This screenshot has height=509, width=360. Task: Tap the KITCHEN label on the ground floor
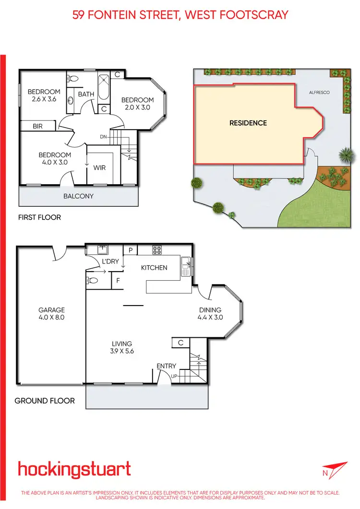coord(154,267)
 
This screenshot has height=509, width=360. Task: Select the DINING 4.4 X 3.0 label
coord(210,314)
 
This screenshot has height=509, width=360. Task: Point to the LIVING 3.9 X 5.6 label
coord(122,347)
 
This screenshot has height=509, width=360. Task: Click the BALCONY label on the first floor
coord(79,196)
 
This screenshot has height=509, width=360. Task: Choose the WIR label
coord(99,168)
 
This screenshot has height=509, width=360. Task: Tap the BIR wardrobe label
coord(38,126)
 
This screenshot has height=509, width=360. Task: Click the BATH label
coord(86,95)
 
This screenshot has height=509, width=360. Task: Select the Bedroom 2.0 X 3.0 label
coord(136,104)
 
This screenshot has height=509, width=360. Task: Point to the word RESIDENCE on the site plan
coord(248,123)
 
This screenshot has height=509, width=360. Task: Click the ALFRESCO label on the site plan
coord(319,92)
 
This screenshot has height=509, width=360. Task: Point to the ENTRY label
coord(167,367)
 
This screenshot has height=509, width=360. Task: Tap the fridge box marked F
coord(118,280)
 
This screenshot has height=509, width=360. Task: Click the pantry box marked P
coord(130,250)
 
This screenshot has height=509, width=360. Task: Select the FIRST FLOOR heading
coord(39,217)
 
